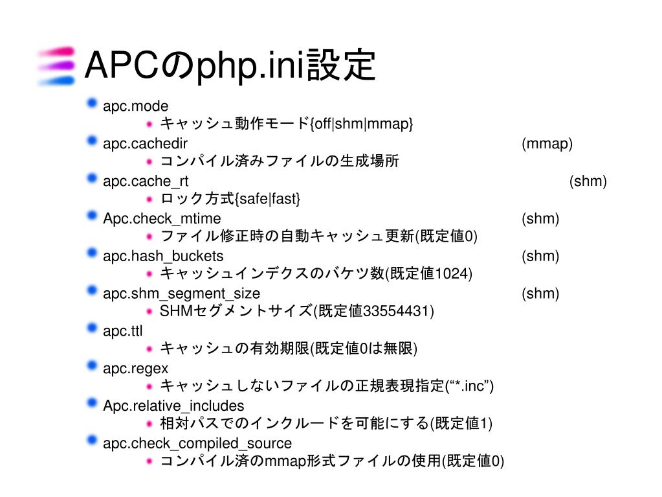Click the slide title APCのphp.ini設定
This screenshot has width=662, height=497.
[230, 65]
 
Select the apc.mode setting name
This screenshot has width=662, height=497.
[135, 106]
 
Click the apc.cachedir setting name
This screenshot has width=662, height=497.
[146, 144]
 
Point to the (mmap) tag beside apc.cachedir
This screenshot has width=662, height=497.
[547, 144]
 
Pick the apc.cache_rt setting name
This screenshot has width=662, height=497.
[146, 181]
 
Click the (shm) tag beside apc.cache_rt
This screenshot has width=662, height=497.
[588, 181]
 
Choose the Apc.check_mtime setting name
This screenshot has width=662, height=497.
[162, 218]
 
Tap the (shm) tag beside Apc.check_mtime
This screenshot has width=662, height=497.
[540, 218]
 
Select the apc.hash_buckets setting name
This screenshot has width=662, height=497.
[163, 256]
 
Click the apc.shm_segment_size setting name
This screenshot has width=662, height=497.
[181, 294]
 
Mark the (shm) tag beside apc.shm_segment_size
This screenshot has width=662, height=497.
[540, 294]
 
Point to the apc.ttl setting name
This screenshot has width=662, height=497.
[122, 331]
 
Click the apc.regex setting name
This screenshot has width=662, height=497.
[135, 368]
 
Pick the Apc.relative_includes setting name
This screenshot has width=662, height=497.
[173, 406]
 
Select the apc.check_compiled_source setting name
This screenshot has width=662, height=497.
[197, 443]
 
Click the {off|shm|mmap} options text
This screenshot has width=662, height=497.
[362, 124]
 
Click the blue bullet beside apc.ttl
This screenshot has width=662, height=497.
[92, 329]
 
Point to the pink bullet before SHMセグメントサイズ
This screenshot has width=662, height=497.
[149, 312]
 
